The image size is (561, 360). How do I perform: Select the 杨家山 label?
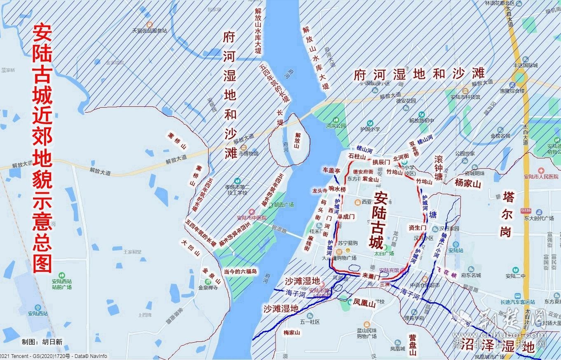468,183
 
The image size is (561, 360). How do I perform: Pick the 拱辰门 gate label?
381,162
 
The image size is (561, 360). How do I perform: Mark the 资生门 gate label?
417,228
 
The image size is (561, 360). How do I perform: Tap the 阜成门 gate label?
346,216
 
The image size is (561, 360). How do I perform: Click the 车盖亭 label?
331,170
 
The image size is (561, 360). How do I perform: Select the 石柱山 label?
357,157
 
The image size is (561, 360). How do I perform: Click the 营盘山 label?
413,345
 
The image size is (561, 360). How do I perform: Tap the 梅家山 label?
292,332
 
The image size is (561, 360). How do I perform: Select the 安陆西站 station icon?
38,307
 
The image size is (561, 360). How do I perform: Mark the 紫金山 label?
371,179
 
